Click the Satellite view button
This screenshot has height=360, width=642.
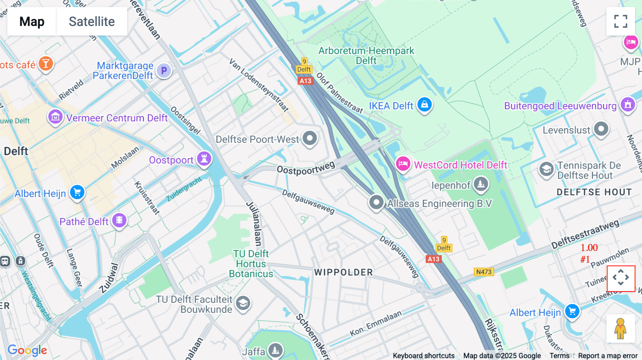point(92,22)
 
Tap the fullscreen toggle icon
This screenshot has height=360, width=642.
point(621,21)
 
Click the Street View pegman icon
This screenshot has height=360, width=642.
point(620,329)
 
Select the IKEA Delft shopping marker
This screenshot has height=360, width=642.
point(424,105)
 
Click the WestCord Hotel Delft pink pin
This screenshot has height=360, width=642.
point(403,164)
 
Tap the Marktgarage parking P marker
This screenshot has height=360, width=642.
point(164,70)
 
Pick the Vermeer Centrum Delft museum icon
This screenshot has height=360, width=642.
point(55,117)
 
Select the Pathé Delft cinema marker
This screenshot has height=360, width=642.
point(119,220)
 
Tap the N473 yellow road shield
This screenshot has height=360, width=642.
point(484,272)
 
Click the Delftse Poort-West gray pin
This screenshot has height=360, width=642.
point(310,138)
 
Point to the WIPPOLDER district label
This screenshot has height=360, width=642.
point(343,272)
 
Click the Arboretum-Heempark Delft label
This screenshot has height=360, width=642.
point(366,56)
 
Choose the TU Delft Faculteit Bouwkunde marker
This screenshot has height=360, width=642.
point(243,303)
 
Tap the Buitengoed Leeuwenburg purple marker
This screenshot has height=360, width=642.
point(628,105)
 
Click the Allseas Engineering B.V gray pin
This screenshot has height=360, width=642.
point(376,202)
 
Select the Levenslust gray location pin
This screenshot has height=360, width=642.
point(601,129)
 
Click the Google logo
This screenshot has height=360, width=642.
point(27,350)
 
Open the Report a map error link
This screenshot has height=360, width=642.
point(608,356)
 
